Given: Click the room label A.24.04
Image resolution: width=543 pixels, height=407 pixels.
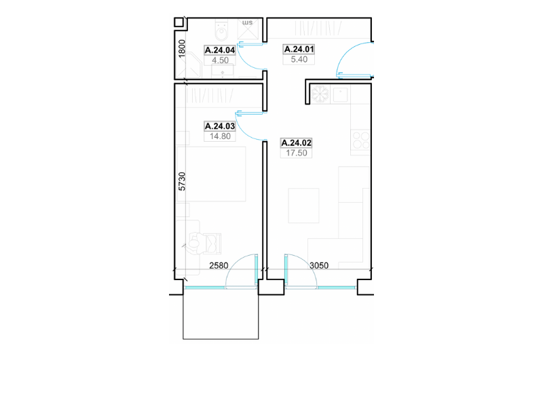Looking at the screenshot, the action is [x=220, y=50].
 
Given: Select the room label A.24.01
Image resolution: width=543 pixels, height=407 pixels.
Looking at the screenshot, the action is [x=299, y=50].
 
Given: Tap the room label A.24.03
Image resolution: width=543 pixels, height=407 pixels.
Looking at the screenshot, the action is [x=220, y=126].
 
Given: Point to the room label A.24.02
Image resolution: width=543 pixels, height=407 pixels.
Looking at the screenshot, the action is [x=297, y=143].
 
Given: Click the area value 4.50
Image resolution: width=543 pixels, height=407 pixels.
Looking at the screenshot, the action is [x=220, y=60].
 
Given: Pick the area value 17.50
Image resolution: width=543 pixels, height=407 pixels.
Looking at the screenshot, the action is [x=297, y=153].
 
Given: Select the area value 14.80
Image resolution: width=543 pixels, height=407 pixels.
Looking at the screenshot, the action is [x=220, y=136].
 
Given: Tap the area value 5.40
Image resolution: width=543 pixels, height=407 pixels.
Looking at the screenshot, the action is [x=299, y=60].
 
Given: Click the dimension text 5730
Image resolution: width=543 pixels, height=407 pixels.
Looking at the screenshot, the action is [x=182, y=181].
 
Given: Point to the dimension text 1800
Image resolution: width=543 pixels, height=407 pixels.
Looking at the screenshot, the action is [x=182, y=48].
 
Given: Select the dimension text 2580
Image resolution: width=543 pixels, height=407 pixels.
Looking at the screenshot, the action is [x=219, y=265].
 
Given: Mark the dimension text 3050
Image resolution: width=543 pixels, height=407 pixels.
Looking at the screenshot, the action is [x=319, y=265].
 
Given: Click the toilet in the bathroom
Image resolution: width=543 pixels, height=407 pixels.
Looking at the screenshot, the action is [x=222, y=31].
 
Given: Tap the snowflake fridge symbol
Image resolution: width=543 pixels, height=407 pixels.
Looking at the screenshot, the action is [x=320, y=94].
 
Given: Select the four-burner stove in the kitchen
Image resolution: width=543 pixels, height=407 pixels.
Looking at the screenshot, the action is [x=361, y=140].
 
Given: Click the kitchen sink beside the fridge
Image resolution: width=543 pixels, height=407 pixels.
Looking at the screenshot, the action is [x=340, y=94].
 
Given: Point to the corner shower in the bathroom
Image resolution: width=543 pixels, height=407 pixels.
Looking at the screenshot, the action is [x=189, y=67].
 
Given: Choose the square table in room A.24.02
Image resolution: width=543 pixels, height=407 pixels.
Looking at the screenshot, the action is [x=303, y=206].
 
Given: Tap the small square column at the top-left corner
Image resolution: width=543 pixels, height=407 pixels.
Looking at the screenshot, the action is [x=179, y=22].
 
